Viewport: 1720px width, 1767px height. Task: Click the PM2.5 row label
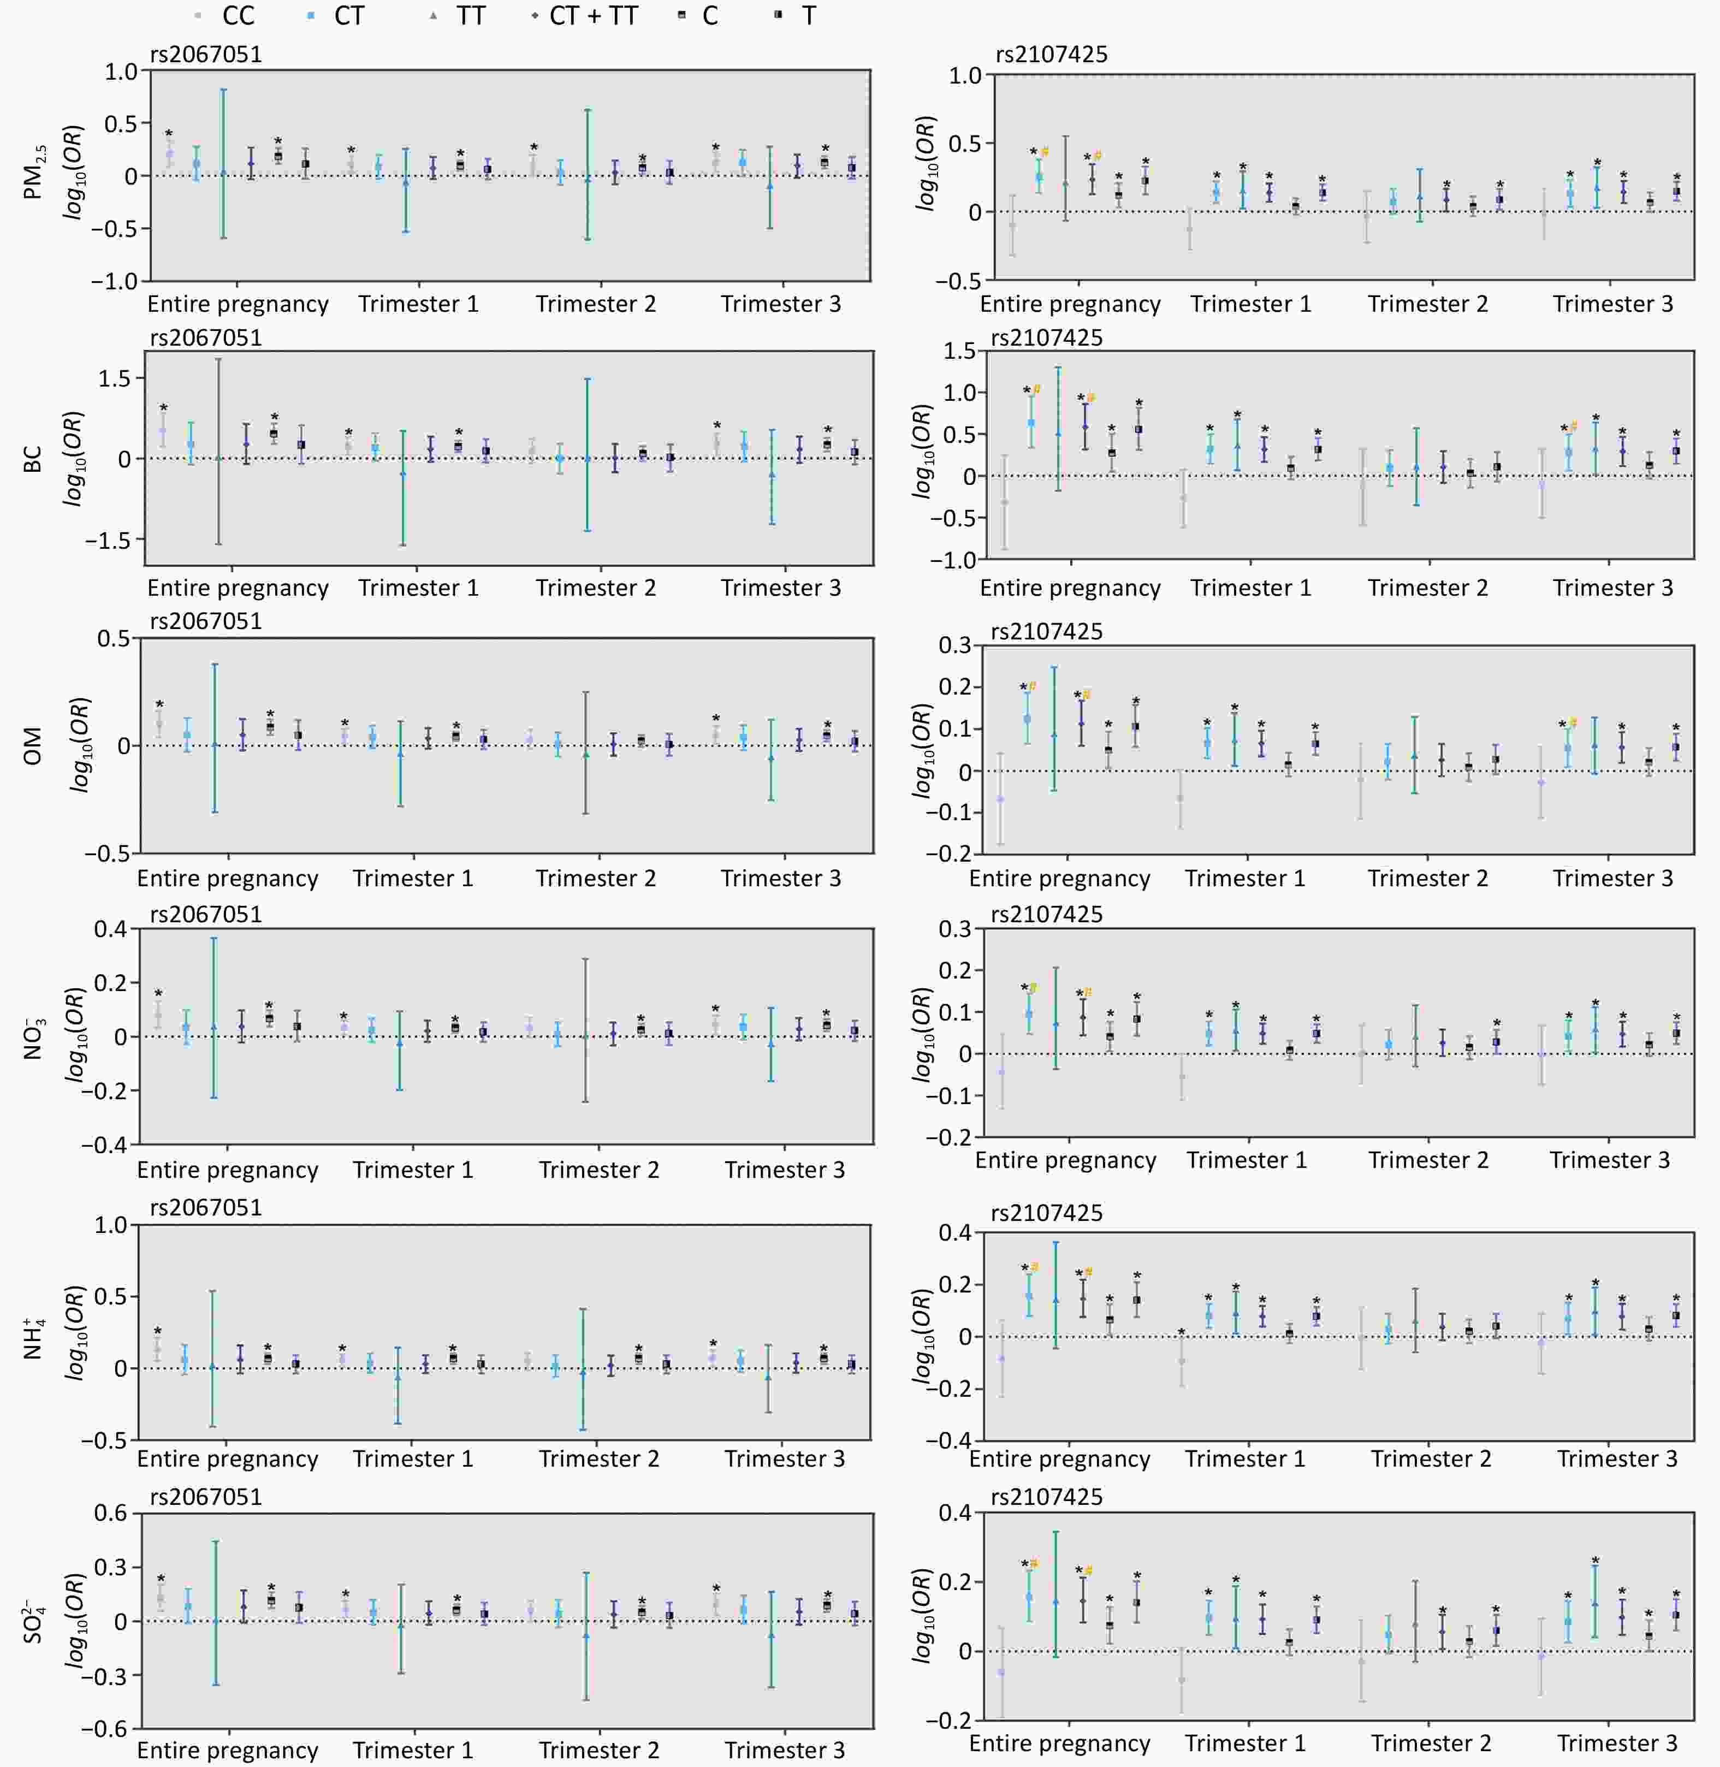click(33, 175)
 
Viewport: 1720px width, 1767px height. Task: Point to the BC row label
click(33, 459)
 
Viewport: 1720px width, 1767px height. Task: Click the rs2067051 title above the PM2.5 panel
click(205, 54)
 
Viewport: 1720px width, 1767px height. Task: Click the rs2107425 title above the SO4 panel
click(1046, 1497)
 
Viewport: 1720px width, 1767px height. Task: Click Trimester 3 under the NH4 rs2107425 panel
click(1617, 1459)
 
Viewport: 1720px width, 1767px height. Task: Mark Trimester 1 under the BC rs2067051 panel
click(418, 588)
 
